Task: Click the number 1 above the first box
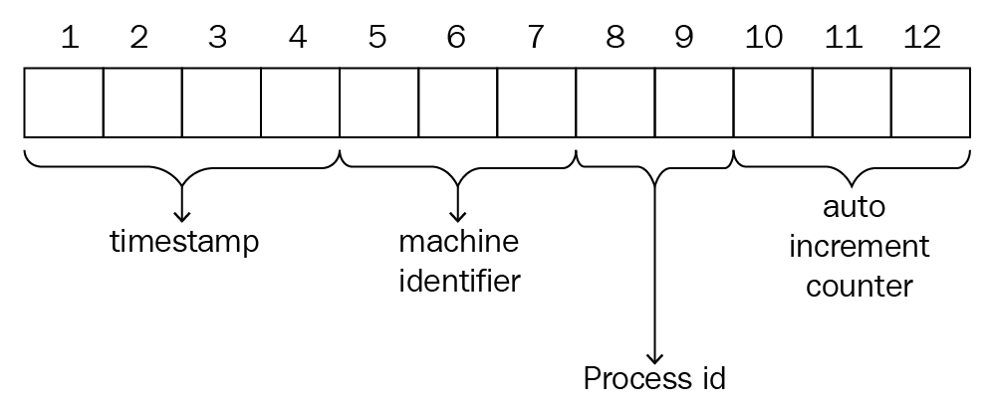pyautogui.click(x=69, y=38)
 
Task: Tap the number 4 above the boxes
pyautogui.click(x=298, y=38)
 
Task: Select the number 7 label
pyautogui.click(x=536, y=38)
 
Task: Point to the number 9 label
pyautogui.click(x=683, y=38)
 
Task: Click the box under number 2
pyautogui.click(x=142, y=102)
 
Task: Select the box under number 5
pyautogui.click(x=378, y=102)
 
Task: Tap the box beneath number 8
pyautogui.click(x=616, y=102)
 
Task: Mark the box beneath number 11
pyautogui.click(x=852, y=102)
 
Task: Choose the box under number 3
pyautogui.click(x=221, y=102)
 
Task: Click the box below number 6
pyautogui.click(x=457, y=102)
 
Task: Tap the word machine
pyautogui.click(x=459, y=243)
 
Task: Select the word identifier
pyautogui.click(x=459, y=281)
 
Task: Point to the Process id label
pyautogui.click(x=654, y=379)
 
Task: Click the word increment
pyautogui.click(x=859, y=246)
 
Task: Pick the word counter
pyautogui.click(x=859, y=286)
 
